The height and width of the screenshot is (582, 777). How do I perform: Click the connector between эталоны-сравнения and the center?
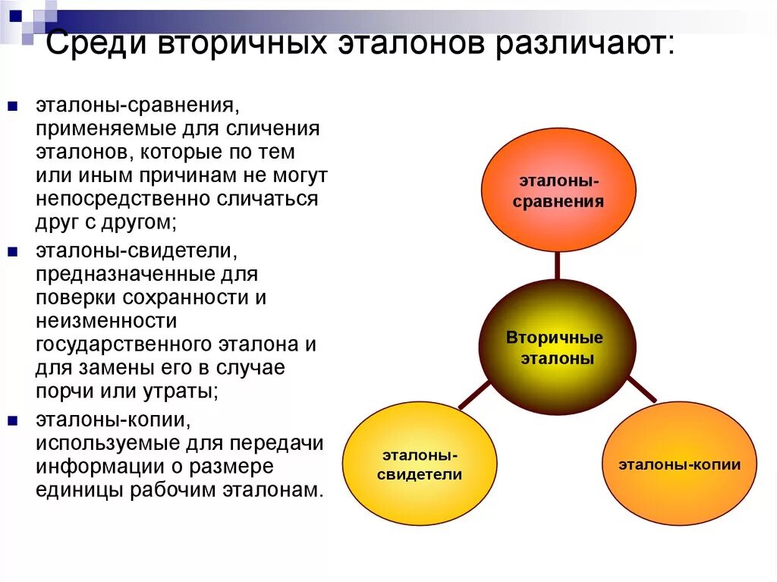(x=558, y=266)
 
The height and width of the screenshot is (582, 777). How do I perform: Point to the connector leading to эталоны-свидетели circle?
(x=475, y=395)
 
